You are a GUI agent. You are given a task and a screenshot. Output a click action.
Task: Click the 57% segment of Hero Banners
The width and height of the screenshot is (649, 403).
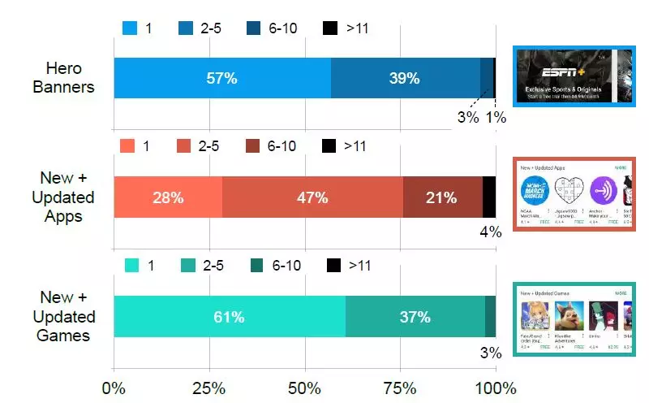tap(221, 79)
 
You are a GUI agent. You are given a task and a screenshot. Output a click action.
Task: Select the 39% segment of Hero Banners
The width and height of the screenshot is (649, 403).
tap(405, 79)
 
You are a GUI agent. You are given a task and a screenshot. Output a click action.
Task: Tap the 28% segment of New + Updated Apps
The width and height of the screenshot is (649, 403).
tap(167, 197)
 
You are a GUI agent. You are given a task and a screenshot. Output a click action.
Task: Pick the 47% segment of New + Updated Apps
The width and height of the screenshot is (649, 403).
tap(312, 197)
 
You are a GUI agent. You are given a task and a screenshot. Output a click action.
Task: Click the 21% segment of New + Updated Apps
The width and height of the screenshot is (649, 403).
tap(442, 197)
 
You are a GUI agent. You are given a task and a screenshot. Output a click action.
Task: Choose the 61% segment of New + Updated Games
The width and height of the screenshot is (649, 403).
tap(229, 316)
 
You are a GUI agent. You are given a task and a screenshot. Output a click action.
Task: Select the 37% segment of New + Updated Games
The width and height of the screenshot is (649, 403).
tap(415, 316)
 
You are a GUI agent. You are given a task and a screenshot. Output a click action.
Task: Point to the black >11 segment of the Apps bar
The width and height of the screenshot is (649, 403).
tap(489, 197)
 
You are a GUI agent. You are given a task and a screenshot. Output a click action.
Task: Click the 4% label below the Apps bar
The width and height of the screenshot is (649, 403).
tap(491, 232)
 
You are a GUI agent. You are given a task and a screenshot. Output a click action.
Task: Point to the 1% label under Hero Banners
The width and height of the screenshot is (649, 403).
tap(496, 117)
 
